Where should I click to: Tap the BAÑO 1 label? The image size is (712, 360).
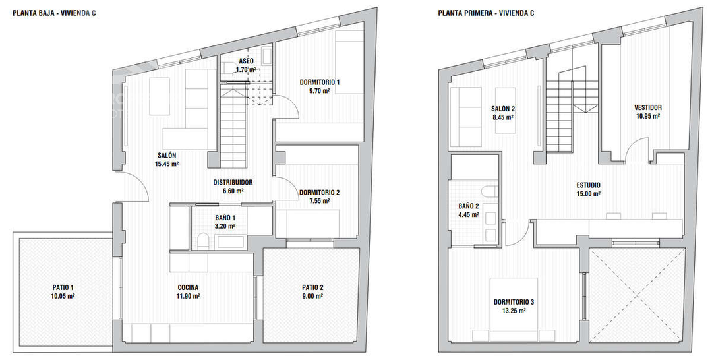(225, 222)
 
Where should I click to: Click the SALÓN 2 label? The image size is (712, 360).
(502, 113)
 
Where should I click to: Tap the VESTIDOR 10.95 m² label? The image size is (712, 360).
(647, 111)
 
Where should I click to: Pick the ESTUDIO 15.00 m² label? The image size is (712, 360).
(588, 189)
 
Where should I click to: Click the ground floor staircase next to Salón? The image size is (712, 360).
(234, 129)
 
